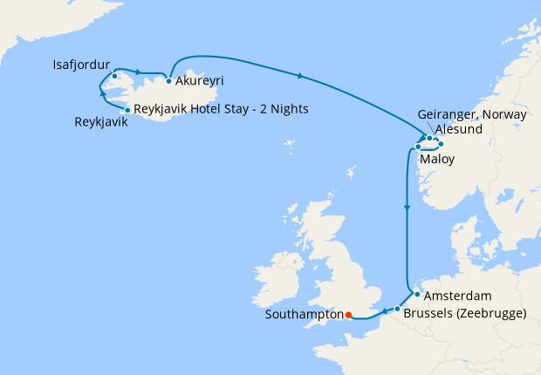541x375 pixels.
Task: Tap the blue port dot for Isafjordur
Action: coord(113,76)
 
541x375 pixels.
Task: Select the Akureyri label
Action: coord(200,81)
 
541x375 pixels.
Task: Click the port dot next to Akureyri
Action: coord(168,81)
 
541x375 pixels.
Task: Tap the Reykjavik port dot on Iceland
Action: coord(127,110)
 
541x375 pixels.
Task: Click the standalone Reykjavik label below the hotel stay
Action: coord(101,122)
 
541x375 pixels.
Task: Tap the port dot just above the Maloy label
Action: coord(419,147)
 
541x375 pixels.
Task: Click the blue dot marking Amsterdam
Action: coord(417,294)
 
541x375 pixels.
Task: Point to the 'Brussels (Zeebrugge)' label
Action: coord(465,312)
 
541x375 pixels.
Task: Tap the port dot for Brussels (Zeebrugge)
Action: coord(397,310)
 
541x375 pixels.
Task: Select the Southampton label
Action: coord(303,316)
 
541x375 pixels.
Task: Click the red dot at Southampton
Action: coord(347,315)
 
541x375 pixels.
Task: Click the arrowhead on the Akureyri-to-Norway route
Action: coord(301,77)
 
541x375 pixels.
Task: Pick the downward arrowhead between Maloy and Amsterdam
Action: coord(407,208)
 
